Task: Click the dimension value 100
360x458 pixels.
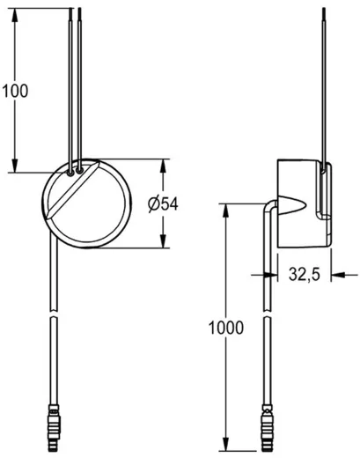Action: [15, 89]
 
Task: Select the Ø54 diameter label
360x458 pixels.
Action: [164, 204]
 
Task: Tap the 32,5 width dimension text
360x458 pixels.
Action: [304, 275]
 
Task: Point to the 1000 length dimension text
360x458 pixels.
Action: [226, 329]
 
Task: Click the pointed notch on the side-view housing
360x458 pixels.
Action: [294, 208]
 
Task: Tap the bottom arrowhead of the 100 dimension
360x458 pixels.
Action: [15, 167]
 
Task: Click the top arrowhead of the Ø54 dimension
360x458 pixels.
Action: [165, 165]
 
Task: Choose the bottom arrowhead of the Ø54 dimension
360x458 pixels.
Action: [165, 244]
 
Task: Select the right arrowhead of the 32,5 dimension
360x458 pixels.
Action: [336, 275]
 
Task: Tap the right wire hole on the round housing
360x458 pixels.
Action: [80, 166]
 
